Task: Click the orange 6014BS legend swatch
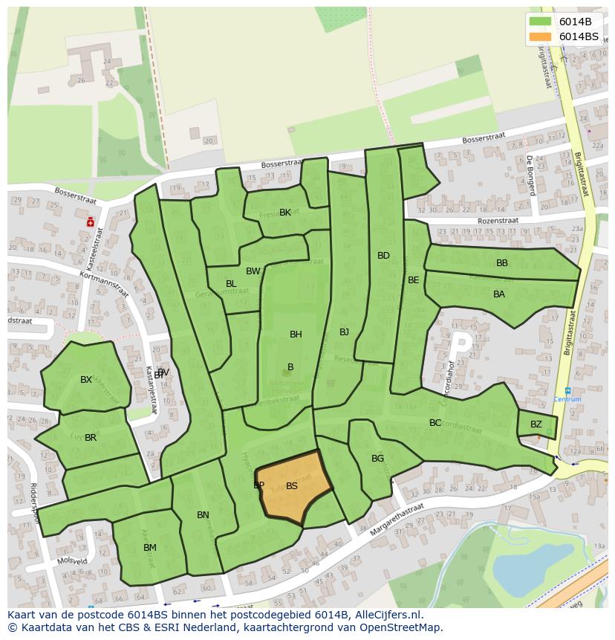(x=541, y=36)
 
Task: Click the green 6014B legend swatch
(x=541, y=22)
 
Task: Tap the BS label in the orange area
(x=292, y=486)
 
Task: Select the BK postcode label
(x=285, y=213)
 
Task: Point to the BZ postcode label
(x=536, y=424)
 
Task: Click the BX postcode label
(x=86, y=380)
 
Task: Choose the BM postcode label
(x=150, y=548)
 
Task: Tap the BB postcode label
(x=502, y=263)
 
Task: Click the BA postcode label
(x=499, y=294)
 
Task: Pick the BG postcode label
(x=378, y=459)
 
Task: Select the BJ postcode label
(x=344, y=332)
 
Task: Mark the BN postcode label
(x=203, y=515)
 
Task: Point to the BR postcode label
(x=91, y=438)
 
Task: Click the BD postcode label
(x=383, y=256)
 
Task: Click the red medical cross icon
(x=91, y=221)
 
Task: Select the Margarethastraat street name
(x=397, y=517)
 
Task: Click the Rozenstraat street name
(x=495, y=221)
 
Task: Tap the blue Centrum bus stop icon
(x=567, y=390)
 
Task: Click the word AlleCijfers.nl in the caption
(x=386, y=615)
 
